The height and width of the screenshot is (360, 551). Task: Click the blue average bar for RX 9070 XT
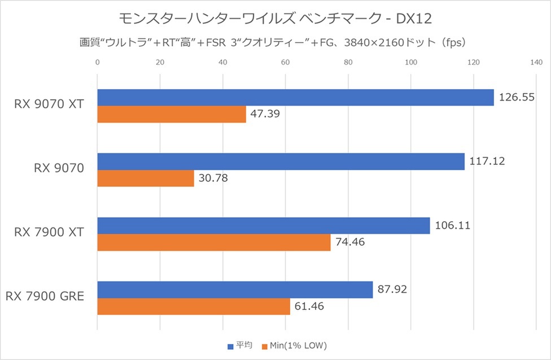(295, 98)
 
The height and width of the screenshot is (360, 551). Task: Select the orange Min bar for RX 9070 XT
(172, 114)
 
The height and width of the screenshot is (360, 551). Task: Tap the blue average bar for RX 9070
(281, 161)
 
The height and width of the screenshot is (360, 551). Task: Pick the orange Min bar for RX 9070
(146, 178)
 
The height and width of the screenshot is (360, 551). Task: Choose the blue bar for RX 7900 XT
(264, 226)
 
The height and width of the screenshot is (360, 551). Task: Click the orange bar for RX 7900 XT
(214, 243)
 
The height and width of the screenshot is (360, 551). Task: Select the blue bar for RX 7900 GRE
(235, 289)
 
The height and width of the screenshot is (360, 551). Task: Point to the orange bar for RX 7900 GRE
(194, 306)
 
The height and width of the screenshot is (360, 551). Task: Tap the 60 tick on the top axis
(286, 62)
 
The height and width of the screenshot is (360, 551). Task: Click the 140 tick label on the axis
(536, 62)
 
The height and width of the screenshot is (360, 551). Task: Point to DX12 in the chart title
(414, 19)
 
